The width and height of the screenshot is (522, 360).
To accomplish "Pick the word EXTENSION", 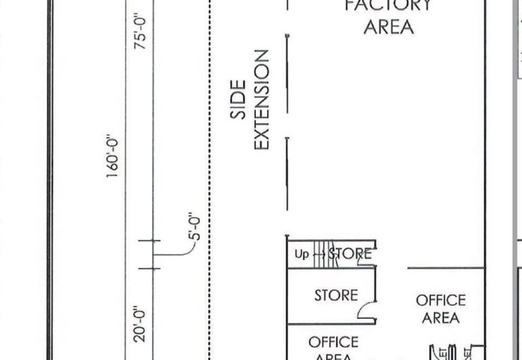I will pyautogui.click(x=262, y=100).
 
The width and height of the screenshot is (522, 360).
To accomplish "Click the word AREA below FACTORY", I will pyautogui.click(x=389, y=27).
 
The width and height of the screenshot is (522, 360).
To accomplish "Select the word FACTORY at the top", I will pyautogui.click(x=389, y=6).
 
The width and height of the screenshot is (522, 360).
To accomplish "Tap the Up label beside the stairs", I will pyautogui.click(x=301, y=254).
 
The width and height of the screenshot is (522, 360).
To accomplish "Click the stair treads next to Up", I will pyautogui.click(x=320, y=254).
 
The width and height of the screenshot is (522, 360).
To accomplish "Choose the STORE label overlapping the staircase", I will pyautogui.click(x=350, y=254).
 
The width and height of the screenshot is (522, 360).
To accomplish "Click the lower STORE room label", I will pyautogui.click(x=336, y=295).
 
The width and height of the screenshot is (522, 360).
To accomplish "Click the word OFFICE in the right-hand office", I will pyautogui.click(x=441, y=301).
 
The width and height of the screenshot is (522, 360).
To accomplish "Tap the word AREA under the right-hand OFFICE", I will pyautogui.click(x=441, y=318).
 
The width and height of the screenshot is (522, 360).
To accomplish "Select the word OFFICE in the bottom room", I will pyautogui.click(x=333, y=342).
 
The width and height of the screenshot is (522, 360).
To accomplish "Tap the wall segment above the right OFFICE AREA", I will pyautogui.click(x=446, y=267).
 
